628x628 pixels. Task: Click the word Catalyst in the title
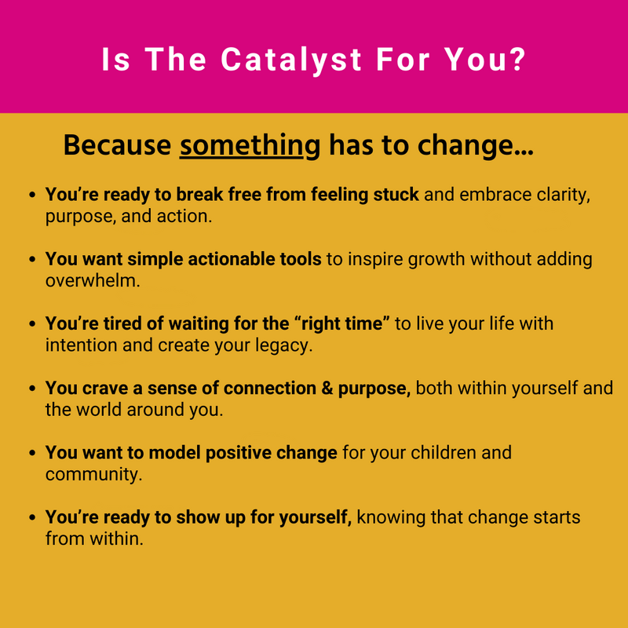[x=291, y=60]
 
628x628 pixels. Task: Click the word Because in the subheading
[x=117, y=145]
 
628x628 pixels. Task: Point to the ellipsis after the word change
[x=524, y=152]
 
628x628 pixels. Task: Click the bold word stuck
[x=396, y=195]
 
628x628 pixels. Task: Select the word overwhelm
[x=93, y=281]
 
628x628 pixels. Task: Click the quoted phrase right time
[x=345, y=323]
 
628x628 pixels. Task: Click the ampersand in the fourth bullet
[x=327, y=389]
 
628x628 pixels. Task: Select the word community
[x=93, y=475]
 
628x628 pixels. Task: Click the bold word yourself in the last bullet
[x=316, y=518]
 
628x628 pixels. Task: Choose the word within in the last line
[x=116, y=539]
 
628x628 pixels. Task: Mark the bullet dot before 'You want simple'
[x=33, y=260]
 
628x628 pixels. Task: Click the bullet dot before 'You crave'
[x=33, y=389]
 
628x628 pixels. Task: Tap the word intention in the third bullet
[x=82, y=345]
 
